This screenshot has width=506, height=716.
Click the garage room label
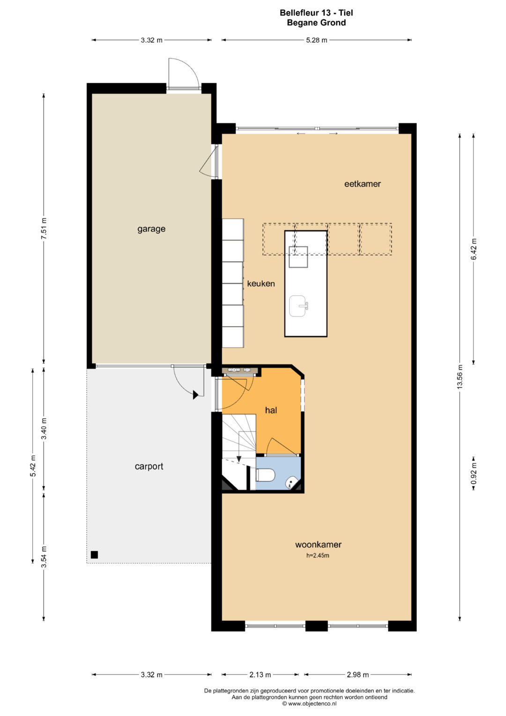[151, 229]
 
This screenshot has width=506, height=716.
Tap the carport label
[149, 467]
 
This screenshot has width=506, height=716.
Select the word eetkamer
[363, 184]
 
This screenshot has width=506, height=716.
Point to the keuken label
[261, 284]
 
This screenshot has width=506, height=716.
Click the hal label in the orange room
[271, 410]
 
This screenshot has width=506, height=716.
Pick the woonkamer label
[318, 544]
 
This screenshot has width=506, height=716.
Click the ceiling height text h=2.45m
[318, 556]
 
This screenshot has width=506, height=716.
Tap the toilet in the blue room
[266, 475]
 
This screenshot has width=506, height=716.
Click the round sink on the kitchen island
[298, 306]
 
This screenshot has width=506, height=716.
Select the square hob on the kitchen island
[298, 256]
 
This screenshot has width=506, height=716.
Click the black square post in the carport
[94, 555]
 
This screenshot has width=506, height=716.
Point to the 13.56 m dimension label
[460, 377]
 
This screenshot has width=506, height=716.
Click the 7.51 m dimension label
[44, 228]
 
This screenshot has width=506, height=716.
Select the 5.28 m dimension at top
[317, 40]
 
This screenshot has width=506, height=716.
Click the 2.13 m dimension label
[260, 675]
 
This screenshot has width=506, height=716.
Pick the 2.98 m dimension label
[358, 675]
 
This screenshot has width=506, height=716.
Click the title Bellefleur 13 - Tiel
[316, 13]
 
